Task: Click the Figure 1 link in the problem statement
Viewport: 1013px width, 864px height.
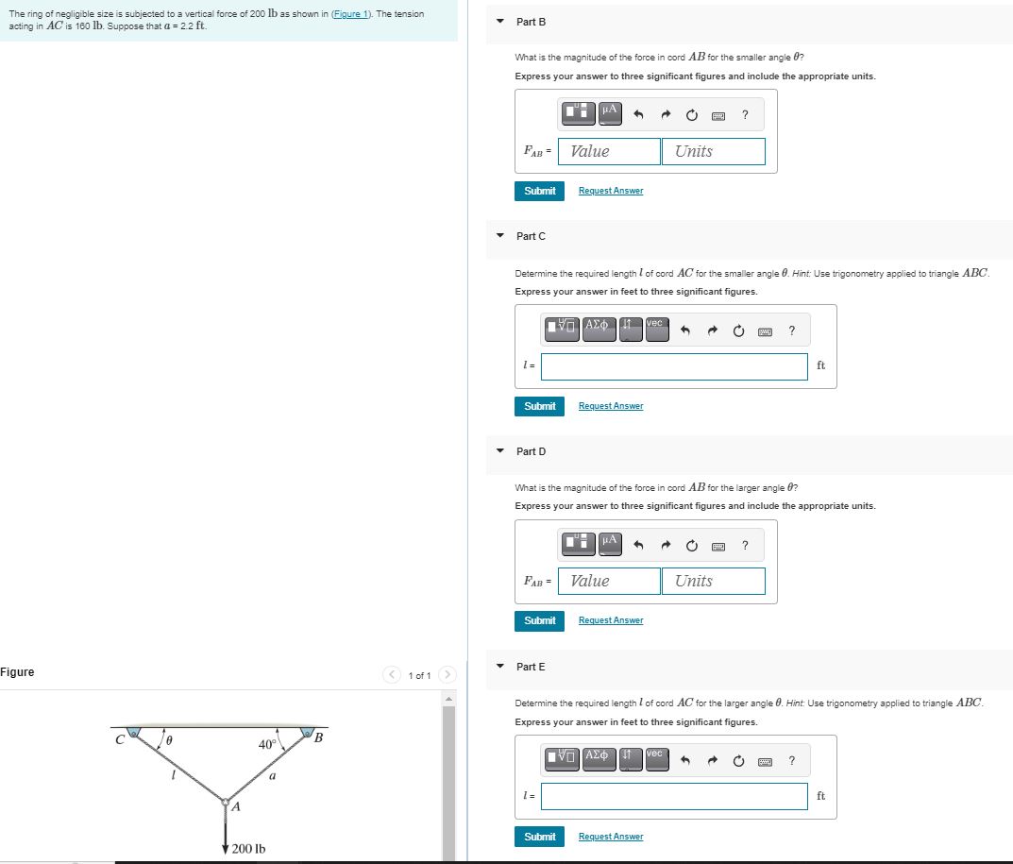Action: [x=351, y=13]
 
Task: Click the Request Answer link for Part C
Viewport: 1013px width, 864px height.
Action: [x=611, y=406]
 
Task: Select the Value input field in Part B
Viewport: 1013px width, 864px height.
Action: [x=609, y=151]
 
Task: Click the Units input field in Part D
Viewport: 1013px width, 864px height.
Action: [x=713, y=581]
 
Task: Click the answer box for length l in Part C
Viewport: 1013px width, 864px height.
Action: [x=674, y=366]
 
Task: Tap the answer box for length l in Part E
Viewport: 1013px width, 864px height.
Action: [x=674, y=796]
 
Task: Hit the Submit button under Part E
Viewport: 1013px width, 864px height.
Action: [x=539, y=837]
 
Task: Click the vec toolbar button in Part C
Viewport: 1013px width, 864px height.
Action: [x=657, y=329]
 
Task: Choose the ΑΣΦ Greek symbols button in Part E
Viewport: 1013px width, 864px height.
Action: [x=599, y=759]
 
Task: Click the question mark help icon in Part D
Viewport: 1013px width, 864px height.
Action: [x=745, y=546]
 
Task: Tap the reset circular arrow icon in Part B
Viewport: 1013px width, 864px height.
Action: [x=691, y=115]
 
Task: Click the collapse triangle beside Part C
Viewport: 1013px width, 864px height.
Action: [x=500, y=235]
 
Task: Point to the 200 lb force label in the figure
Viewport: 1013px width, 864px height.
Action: [x=248, y=849]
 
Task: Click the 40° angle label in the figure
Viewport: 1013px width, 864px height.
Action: [x=267, y=744]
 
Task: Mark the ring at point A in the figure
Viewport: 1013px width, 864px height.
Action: [x=226, y=802]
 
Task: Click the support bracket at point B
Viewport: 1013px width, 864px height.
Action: [x=308, y=732]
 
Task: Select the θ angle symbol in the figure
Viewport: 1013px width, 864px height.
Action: [x=169, y=740]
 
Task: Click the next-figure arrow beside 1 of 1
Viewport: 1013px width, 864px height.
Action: [x=447, y=674]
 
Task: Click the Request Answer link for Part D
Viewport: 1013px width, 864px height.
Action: [x=611, y=620]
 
